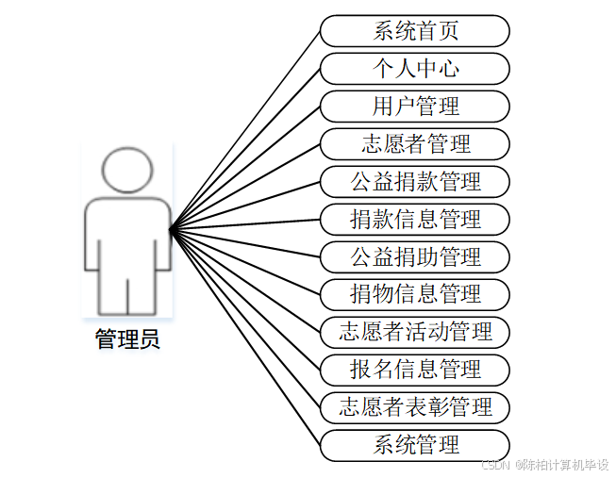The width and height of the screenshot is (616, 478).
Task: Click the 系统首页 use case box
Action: tap(415, 31)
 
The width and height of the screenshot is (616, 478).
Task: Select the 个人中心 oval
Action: tap(415, 69)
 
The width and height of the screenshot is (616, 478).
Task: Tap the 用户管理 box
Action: tap(415, 107)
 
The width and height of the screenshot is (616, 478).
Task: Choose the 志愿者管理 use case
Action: tap(415, 144)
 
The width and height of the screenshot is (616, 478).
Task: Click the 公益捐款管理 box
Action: tap(415, 181)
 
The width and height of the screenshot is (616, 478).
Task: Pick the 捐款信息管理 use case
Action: tap(415, 220)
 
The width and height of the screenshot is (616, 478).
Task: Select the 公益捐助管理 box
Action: tap(415, 256)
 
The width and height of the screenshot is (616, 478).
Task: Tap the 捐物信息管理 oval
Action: tap(415, 294)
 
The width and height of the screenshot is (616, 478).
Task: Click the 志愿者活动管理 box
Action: tap(415, 332)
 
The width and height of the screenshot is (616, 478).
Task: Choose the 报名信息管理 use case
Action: tap(415, 370)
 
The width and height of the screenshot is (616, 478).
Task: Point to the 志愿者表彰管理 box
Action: tap(415, 407)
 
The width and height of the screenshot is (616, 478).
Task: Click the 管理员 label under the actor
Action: tap(127, 339)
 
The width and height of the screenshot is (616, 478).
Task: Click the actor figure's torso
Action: tap(127, 236)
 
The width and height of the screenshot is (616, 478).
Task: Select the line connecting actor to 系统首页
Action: tap(245, 129)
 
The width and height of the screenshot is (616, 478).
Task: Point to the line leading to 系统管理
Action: tap(245, 336)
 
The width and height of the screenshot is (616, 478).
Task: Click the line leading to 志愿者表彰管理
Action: tap(245, 317)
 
